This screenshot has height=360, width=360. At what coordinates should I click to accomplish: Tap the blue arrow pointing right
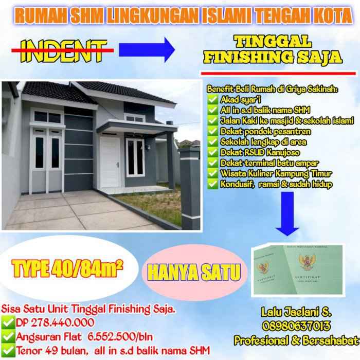tap(147, 49)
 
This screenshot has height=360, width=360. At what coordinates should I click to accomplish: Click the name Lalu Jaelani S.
tap(296, 312)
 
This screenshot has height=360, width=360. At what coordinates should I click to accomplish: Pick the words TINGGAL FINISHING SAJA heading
tap(273, 50)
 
